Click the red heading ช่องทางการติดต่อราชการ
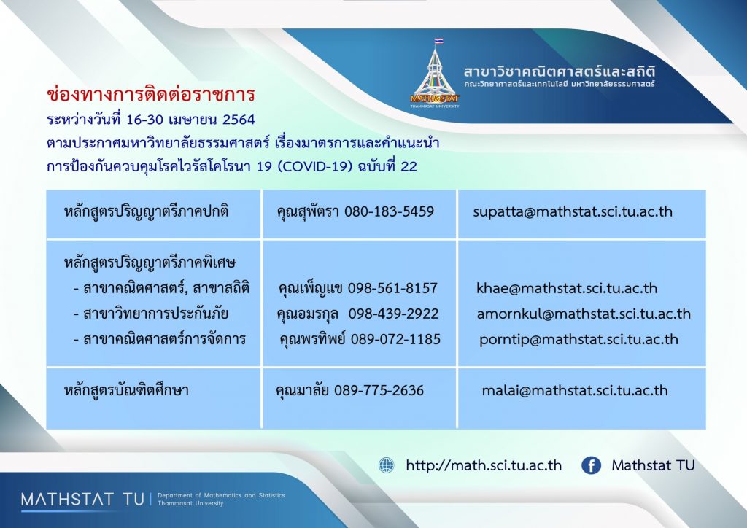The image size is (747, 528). [150, 94]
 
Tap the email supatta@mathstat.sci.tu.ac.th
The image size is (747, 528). [573, 212]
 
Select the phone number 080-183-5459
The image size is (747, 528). [389, 211]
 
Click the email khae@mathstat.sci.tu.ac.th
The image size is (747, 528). [567, 288]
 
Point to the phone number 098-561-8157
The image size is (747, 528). [392, 288]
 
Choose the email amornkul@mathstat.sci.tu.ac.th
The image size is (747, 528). [584, 314]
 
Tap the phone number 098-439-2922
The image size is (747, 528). [393, 314]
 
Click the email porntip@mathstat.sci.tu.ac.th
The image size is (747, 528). [578, 339]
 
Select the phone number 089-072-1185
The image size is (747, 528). [395, 339]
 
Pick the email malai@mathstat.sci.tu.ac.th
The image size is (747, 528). [575, 390]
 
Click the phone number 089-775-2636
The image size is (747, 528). [379, 390]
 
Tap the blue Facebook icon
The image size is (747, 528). [591, 465]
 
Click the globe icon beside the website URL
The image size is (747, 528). [387, 465]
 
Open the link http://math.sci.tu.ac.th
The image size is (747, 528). [484, 465]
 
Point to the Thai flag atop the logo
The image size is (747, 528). [438, 42]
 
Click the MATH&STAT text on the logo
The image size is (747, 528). [435, 98]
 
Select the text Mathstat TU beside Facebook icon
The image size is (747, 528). [653, 465]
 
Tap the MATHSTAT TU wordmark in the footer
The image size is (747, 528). [82, 500]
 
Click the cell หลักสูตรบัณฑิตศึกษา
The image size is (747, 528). [126, 390]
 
